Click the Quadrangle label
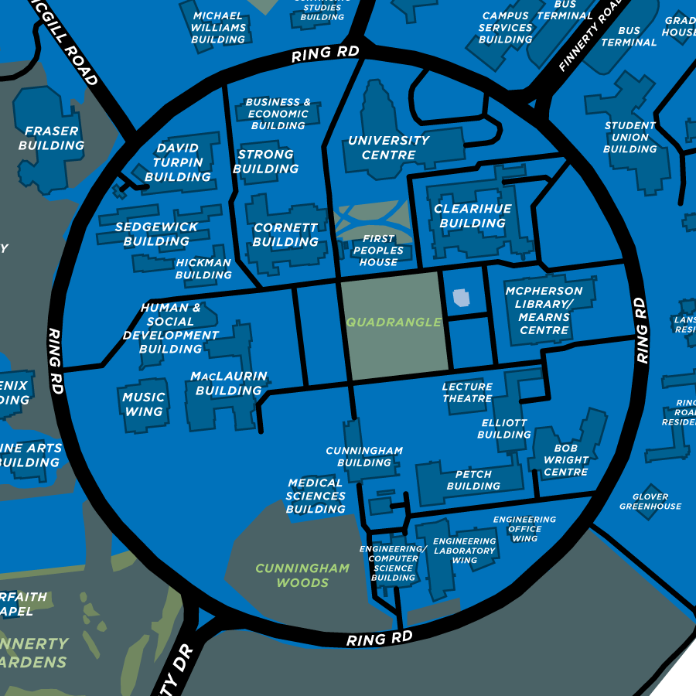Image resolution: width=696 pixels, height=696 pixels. pyautogui.click(x=394, y=322)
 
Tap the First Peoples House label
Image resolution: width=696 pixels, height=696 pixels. pyautogui.click(x=378, y=251)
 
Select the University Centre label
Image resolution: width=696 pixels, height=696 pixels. pyautogui.click(x=388, y=147)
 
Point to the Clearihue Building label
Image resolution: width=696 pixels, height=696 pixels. pyautogui.click(x=473, y=216)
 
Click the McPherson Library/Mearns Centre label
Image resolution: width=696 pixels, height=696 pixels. pyautogui.click(x=544, y=310)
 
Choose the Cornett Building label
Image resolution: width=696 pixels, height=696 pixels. pyautogui.click(x=285, y=235)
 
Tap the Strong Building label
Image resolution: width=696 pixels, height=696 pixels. pyautogui.click(x=265, y=161)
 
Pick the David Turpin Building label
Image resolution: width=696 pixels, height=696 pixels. pyautogui.click(x=178, y=162)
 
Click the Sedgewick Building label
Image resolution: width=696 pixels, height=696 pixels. pyautogui.click(x=156, y=234)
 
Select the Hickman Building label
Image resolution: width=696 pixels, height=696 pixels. pyautogui.click(x=203, y=268)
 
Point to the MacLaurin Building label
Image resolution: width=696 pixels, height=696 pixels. pyautogui.click(x=229, y=383)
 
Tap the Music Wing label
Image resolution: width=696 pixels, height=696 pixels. pyautogui.click(x=144, y=404)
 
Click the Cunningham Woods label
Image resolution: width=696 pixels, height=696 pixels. pyautogui.click(x=302, y=575)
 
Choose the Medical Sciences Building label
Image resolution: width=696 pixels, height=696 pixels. pyautogui.click(x=316, y=496)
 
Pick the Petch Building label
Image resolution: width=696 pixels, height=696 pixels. pyautogui.click(x=473, y=480)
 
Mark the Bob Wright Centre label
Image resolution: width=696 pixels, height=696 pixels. pyautogui.click(x=566, y=459)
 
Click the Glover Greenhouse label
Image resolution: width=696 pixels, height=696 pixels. pyautogui.click(x=650, y=502)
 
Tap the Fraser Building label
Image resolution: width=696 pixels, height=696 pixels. pyautogui.click(x=52, y=138)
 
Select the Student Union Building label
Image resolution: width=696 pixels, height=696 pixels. pyautogui.click(x=630, y=137)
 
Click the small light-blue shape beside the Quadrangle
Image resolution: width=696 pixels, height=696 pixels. pyautogui.click(x=461, y=298)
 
